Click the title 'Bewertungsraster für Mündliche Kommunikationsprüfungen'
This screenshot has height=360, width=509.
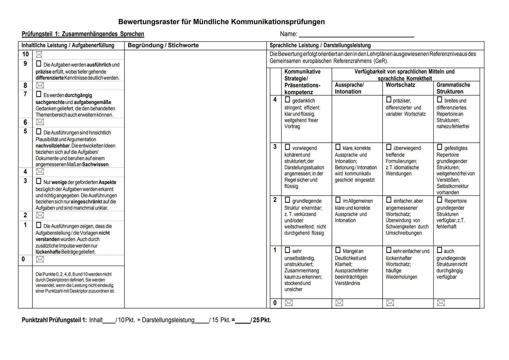221,22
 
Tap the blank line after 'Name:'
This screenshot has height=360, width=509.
356,34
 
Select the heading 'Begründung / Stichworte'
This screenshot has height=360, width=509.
163,45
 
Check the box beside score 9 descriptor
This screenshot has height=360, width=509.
39,64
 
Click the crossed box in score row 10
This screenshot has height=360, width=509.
39,54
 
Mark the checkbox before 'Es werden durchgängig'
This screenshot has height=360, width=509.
39,94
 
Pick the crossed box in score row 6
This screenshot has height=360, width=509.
40,122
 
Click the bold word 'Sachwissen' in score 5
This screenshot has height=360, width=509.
95,164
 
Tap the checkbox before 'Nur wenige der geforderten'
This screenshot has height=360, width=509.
39,181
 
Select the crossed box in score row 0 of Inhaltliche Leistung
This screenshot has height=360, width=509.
40,259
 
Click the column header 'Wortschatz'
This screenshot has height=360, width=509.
400,85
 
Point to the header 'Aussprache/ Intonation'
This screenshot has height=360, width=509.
349,88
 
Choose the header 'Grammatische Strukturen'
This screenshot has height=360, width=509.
453,88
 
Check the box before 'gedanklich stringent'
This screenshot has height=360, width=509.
287,100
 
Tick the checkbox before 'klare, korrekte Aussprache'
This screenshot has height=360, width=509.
338,147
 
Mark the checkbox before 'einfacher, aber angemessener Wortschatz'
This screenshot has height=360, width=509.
389,200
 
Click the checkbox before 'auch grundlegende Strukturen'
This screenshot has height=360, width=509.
439,250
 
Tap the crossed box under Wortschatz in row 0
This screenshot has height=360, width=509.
390,303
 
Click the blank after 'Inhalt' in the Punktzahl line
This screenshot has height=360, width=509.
109,320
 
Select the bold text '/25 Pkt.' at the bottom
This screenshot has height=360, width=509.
261,320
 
